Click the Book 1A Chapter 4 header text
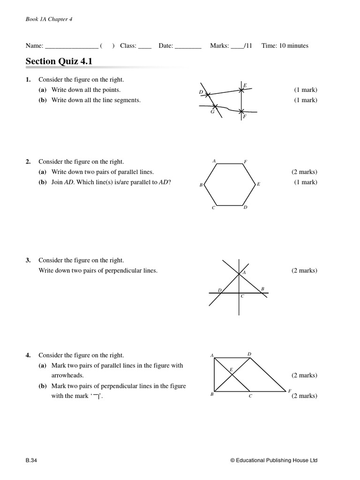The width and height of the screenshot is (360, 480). [x=49, y=19]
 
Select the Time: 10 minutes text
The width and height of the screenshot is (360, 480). [x=285, y=45]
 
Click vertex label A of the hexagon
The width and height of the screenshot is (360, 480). [x=214, y=161]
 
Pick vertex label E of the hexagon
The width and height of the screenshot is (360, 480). [x=258, y=185]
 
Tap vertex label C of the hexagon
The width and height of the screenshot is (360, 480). [x=214, y=208]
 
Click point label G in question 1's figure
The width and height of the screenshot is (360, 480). [x=212, y=112]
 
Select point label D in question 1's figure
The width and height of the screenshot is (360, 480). [x=201, y=92]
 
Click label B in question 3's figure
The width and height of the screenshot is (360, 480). [x=262, y=288]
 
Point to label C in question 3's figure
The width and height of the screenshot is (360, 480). [x=242, y=296]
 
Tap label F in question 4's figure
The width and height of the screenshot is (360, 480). [x=290, y=390]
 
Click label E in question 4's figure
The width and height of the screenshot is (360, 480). [x=231, y=369]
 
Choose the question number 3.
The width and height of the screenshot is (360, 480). [x=28, y=260]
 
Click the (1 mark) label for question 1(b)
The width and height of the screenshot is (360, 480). [x=306, y=100]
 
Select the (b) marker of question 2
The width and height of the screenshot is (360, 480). [x=43, y=182]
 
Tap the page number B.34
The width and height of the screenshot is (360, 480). [x=31, y=460]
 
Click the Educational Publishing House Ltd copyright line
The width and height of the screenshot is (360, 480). [x=274, y=460]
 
